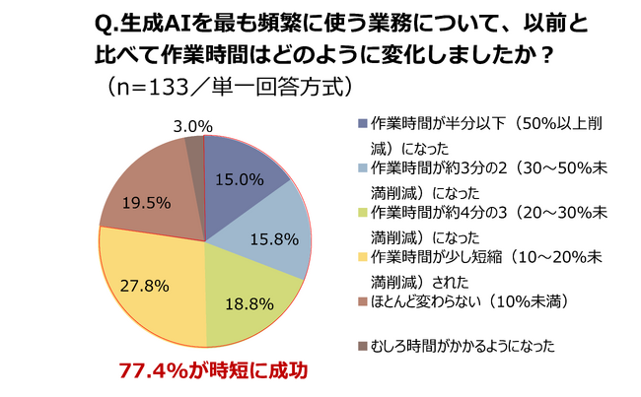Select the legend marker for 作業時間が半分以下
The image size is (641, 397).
pos(364,124)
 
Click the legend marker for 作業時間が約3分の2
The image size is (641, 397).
pos(364,168)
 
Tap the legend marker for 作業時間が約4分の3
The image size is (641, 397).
pos(364,213)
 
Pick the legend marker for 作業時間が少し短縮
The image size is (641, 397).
pos(364,257)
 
